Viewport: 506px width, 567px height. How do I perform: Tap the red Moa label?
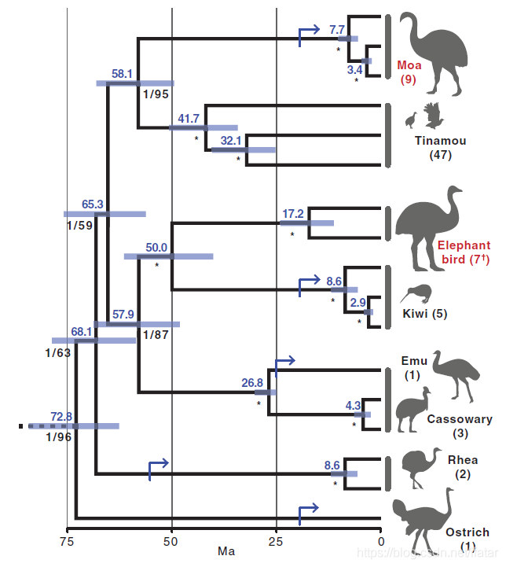click(409, 65)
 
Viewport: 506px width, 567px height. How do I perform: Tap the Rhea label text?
click(462, 460)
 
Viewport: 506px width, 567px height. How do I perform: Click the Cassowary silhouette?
click(414, 410)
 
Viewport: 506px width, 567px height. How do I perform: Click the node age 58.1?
click(122, 73)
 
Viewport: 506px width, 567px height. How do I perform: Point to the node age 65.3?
click(93, 203)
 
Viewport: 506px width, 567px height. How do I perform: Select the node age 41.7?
click(189, 118)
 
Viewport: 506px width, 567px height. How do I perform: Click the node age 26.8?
click(252, 382)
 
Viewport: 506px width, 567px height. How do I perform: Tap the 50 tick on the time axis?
click(171, 540)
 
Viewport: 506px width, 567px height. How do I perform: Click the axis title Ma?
click(227, 552)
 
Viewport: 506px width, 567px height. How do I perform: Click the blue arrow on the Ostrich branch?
click(307, 512)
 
